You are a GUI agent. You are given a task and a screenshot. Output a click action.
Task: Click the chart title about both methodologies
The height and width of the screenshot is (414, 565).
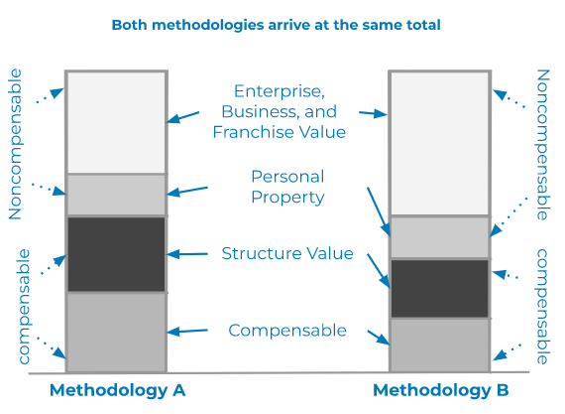point(276,25)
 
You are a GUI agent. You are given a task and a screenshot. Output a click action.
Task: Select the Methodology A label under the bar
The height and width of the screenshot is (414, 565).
point(118,390)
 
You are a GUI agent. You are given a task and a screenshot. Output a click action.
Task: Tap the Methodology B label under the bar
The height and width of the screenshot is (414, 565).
point(441,390)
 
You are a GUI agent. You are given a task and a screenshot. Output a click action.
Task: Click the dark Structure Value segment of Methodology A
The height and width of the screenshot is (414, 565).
point(116,254)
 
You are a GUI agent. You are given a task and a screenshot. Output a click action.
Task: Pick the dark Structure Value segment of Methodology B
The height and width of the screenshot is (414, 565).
point(439,288)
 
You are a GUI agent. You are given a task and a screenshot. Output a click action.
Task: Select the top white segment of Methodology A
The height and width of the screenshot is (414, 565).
point(116,122)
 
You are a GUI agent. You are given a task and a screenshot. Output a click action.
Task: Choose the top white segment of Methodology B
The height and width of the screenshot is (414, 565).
point(439,143)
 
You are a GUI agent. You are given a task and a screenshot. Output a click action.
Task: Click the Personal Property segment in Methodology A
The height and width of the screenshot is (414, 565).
point(116,195)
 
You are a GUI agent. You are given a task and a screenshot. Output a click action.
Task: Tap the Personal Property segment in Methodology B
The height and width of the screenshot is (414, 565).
point(439,237)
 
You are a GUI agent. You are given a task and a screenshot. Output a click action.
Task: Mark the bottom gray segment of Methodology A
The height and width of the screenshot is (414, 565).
point(116,332)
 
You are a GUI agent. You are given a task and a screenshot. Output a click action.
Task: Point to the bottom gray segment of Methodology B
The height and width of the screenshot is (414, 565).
point(439,345)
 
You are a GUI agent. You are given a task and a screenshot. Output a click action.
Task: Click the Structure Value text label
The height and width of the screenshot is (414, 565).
point(287,253)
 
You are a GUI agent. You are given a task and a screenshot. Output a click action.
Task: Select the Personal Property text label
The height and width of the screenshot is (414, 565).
point(287,187)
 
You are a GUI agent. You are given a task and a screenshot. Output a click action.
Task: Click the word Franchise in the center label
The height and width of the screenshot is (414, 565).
point(251,132)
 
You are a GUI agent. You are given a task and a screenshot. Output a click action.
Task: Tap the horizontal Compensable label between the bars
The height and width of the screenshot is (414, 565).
point(287,331)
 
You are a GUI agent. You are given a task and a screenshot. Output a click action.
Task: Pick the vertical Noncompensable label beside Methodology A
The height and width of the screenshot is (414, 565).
point(15,144)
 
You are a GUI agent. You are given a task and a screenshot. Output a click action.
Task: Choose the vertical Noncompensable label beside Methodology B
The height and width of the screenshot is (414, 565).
point(543,145)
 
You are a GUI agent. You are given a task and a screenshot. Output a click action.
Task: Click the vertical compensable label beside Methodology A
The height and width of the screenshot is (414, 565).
point(24,307)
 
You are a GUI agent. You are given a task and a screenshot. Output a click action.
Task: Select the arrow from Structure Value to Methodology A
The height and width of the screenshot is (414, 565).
point(187,254)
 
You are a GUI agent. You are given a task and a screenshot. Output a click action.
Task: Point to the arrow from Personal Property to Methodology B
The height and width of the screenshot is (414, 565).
point(379,211)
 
